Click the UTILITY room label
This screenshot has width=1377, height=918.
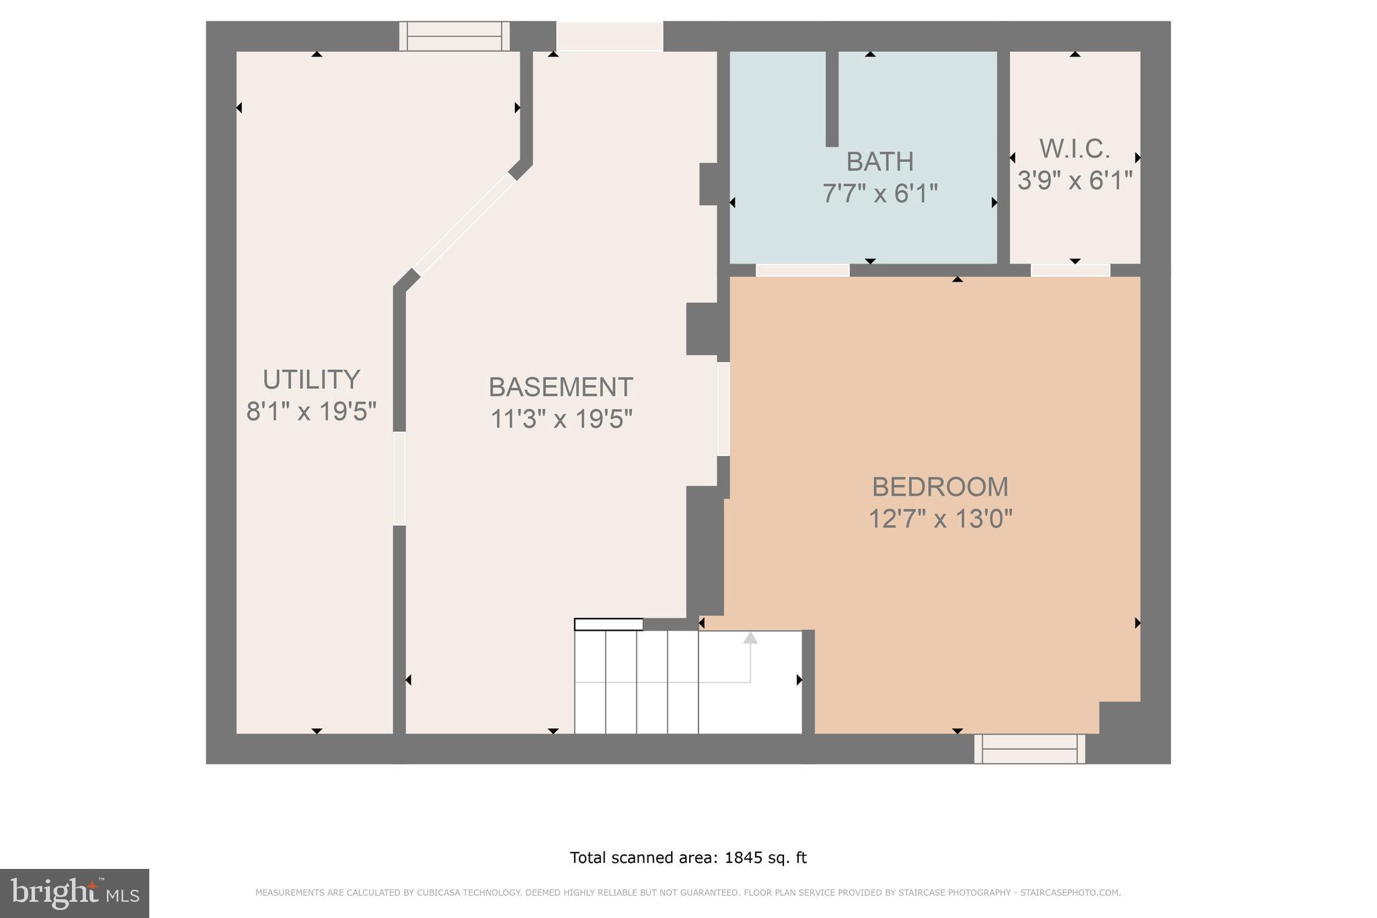tap(311, 380)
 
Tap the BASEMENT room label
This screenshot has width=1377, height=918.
tap(560, 387)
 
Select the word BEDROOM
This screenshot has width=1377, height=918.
tap(939, 487)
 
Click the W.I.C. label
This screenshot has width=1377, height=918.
tap(1074, 149)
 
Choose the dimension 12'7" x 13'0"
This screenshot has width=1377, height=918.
tap(939, 519)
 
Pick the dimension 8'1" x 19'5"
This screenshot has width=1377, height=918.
tap(311, 412)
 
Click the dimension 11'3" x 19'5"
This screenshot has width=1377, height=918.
tap(560, 420)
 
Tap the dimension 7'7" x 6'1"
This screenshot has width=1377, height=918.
tap(879, 194)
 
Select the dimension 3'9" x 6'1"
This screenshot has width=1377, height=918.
tap(1074, 181)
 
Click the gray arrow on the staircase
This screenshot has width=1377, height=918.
tap(750, 638)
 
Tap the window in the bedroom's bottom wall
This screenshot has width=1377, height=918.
tap(1029, 749)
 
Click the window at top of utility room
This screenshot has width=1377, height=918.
tap(455, 36)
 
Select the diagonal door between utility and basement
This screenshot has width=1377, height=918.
tap(465, 224)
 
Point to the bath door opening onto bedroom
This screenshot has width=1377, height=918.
tap(802, 270)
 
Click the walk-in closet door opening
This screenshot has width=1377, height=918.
tap(1070, 270)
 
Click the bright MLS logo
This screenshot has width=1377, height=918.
tap(74, 893)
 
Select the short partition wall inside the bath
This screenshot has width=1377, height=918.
tap(832, 99)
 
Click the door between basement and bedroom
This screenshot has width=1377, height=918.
tap(723, 409)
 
